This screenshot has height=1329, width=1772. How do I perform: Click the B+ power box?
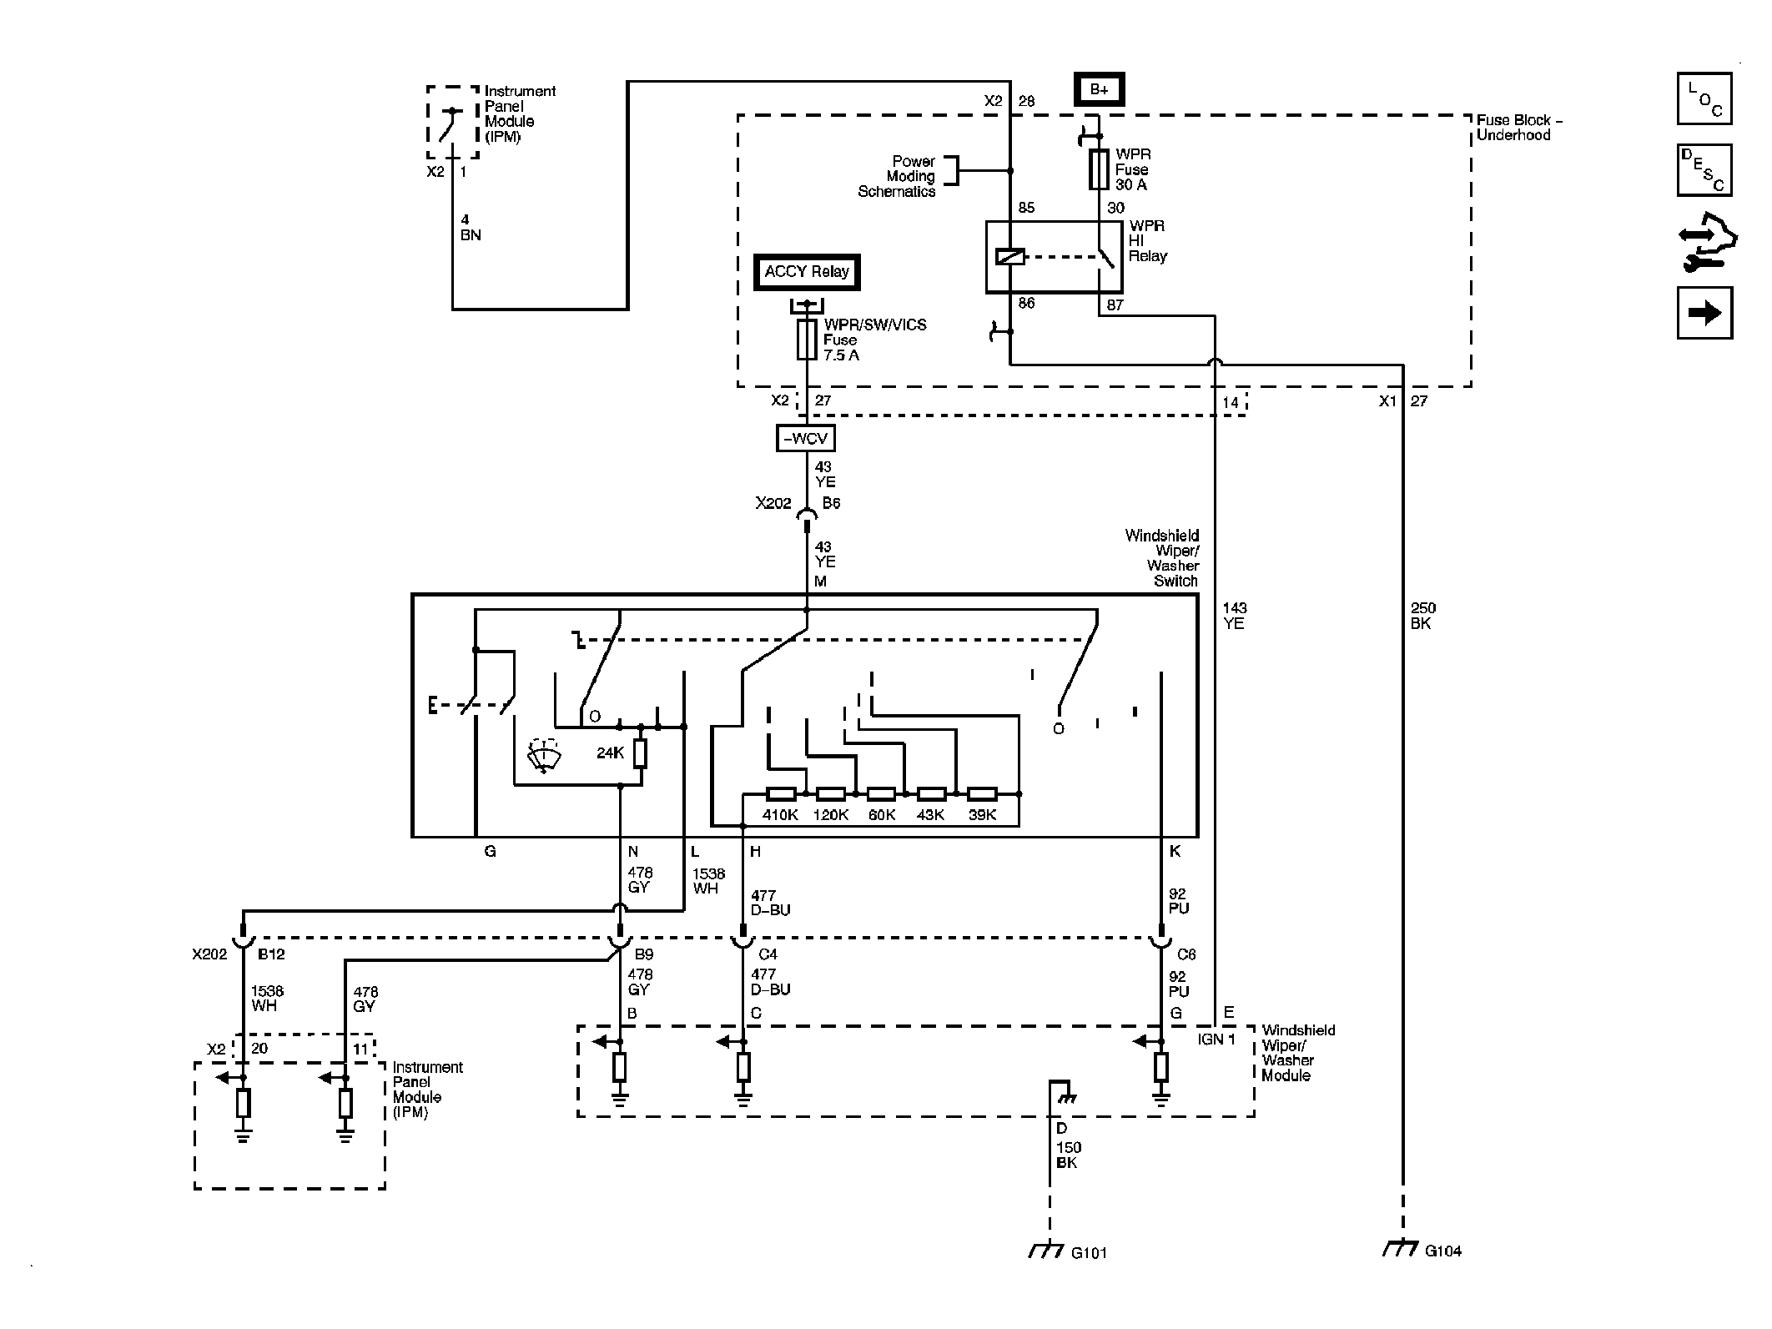pos(1099,89)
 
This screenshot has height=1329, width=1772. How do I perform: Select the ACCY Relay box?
pos(807,272)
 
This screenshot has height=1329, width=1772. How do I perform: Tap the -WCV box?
pos(805,438)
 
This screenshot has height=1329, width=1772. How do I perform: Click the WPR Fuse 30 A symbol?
pos(1100,169)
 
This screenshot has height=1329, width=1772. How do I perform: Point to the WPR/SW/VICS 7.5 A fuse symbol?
pos(807,340)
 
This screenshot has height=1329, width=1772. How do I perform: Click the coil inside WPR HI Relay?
pos(1010,257)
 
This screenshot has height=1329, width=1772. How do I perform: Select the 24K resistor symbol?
pos(640,754)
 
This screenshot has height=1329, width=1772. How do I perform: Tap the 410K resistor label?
pos(780,815)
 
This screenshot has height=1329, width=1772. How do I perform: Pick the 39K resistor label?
pos(982,815)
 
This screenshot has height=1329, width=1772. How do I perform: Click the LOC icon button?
pos(1704,98)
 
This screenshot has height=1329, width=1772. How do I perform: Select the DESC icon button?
pos(1704,170)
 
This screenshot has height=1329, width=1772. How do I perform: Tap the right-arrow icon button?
pos(1704,313)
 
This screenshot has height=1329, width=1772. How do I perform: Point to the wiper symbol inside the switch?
pos(543,756)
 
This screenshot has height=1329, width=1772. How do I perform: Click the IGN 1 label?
pos(1216,1039)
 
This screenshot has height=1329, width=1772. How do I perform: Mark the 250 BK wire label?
pos(1423,616)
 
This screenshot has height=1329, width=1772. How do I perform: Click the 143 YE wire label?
pos(1235,616)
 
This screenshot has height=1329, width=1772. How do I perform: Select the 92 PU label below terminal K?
pos(1178,901)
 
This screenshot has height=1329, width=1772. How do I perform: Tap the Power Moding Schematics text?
pos(897,176)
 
